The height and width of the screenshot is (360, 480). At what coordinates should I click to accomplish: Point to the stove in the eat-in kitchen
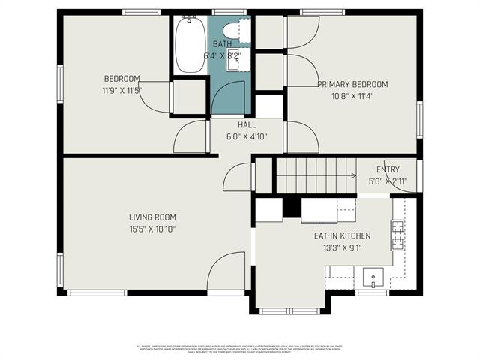(397, 234)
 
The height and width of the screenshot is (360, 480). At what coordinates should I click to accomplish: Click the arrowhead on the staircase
(353, 175)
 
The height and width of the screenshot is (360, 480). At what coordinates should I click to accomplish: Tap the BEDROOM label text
(121, 79)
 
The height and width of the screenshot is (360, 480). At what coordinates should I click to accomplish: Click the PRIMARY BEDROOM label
(352, 84)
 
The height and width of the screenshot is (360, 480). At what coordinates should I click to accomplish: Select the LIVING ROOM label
(152, 217)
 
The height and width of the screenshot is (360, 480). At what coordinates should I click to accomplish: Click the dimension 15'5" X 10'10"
(152, 229)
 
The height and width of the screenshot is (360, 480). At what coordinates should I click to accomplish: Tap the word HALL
(247, 125)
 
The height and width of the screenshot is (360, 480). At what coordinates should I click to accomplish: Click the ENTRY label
(388, 169)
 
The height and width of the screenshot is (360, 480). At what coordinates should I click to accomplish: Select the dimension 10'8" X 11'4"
(352, 96)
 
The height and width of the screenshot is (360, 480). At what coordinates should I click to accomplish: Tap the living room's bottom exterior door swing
(225, 271)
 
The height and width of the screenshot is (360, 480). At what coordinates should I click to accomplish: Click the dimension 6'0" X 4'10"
(247, 136)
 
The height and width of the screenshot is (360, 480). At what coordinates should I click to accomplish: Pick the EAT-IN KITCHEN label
(342, 235)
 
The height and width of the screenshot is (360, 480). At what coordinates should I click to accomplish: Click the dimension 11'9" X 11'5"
(121, 90)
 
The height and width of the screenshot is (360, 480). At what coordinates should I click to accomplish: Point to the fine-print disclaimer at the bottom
(240, 349)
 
